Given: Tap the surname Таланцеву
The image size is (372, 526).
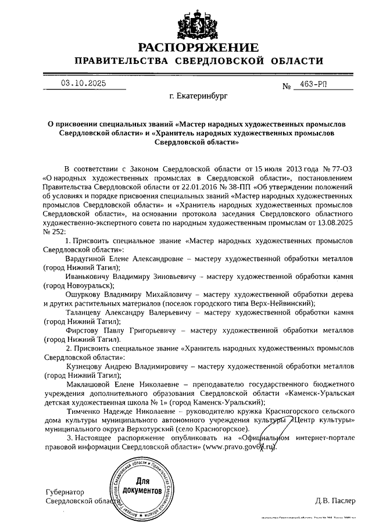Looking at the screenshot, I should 86,313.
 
